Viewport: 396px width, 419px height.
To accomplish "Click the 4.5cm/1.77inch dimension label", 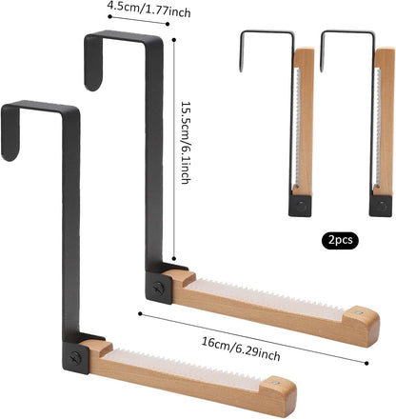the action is pos(149,10).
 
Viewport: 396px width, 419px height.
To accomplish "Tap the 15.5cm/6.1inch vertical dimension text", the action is pos(186,143).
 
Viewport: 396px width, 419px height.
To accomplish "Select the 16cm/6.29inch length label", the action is pos(241,349).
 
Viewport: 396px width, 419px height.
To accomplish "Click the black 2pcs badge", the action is pos(340,240).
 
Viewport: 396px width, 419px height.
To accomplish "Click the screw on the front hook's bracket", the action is pos(75,358).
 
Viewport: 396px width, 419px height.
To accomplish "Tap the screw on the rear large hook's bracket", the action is pos(158,288).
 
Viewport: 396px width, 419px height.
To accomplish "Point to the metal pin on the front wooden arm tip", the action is pos(277,382).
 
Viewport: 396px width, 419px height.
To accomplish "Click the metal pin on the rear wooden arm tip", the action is pos(359,312).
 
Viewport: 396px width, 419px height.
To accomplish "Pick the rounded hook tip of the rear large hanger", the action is pos(93,83).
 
